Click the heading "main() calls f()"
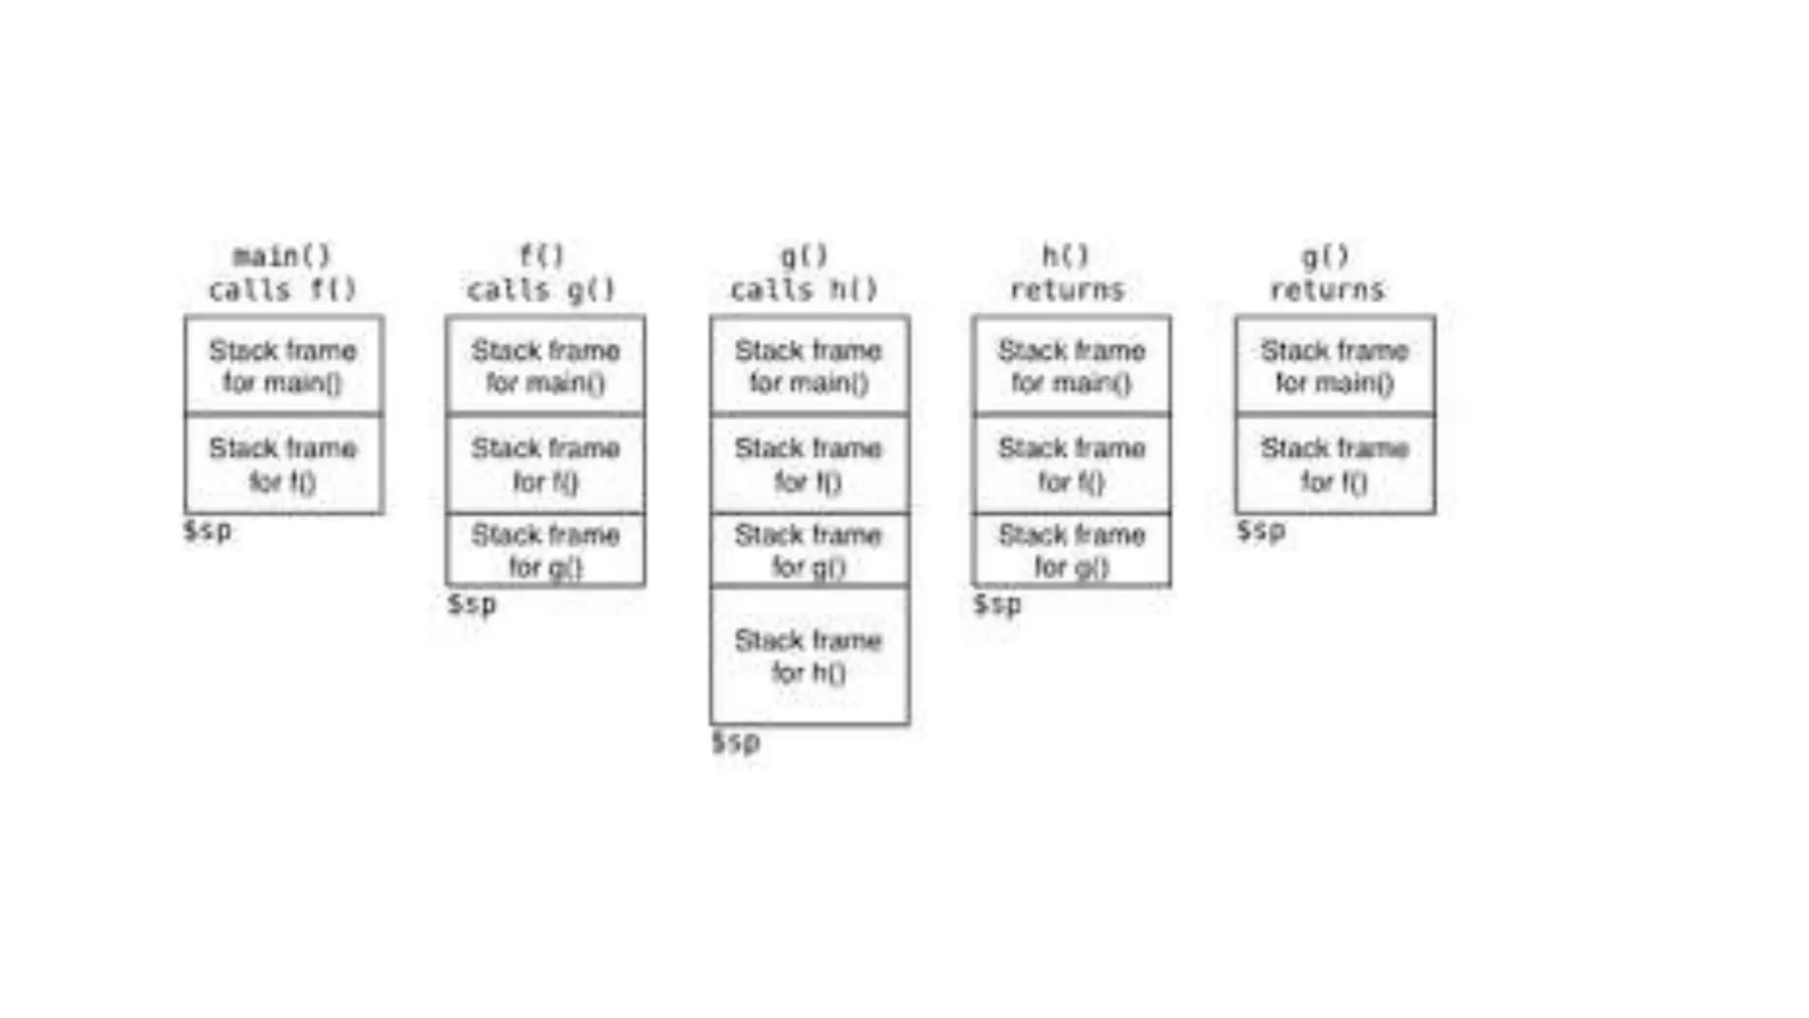(283, 273)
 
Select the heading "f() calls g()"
(541, 273)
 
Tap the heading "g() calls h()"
(804, 273)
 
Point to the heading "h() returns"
(1067, 273)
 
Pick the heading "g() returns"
(1328, 273)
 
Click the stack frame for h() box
(809, 656)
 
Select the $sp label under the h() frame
(736, 741)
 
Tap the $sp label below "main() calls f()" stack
(208, 530)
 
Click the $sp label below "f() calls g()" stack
(472, 604)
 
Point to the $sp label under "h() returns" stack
(997, 604)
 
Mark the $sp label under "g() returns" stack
(1260, 530)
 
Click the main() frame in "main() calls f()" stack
(284, 366)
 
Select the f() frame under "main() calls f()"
(284, 465)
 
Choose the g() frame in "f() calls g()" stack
(545, 550)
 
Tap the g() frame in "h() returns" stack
(1071, 550)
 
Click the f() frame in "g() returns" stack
(1335, 465)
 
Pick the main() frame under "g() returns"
(1335, 366)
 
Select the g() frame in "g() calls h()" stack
(809, 550)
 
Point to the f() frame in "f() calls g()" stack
(545, 465)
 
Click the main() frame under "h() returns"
(1071, 366)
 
